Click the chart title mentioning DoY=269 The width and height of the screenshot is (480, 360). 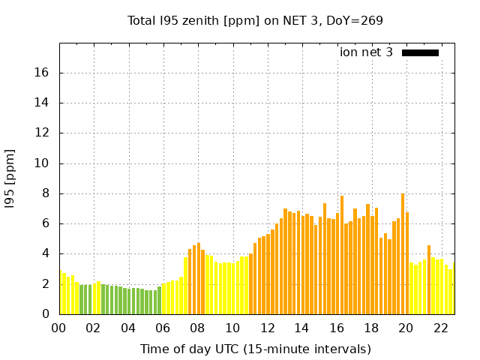tap(255, 21)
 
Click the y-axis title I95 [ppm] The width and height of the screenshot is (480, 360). tap(10, 178)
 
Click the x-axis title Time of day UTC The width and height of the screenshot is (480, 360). tap(255, 349)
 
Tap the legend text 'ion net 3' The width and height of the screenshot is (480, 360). tap(366, 52)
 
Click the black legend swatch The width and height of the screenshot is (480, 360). tap(420, 52)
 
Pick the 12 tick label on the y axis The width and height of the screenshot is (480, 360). tap(44, 133)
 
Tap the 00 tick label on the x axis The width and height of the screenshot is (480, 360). tap(59, 328)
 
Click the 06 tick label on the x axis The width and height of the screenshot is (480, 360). tap(163, 328)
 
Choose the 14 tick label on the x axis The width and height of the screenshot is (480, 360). tap(301, 328)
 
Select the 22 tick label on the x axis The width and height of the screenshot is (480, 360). tap(440, 328)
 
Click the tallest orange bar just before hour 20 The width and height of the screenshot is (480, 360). tap(403, 255)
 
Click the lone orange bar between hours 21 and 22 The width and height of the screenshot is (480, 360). tap(429, 280)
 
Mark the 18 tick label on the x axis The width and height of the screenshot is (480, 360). tap(371, 328)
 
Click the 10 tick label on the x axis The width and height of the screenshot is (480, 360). tap(232, 328)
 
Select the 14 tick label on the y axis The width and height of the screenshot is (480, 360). tap(44, 103)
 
